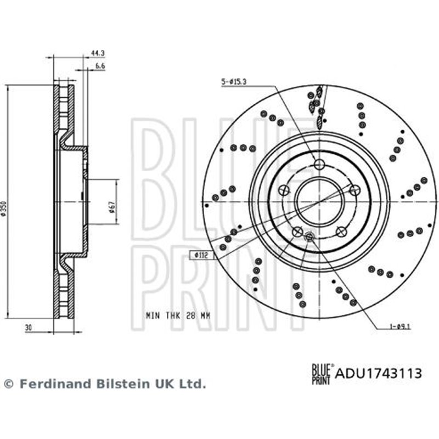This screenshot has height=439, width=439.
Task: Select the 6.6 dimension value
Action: [99, 66]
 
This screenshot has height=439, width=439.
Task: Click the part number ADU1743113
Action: [378, 374]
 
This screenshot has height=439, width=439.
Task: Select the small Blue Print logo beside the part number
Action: [321, 374]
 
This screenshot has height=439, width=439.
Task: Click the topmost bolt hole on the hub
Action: [320, 164]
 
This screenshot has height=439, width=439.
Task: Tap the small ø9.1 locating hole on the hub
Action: [309, 237]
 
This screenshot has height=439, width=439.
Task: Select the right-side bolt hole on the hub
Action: [354, 189]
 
